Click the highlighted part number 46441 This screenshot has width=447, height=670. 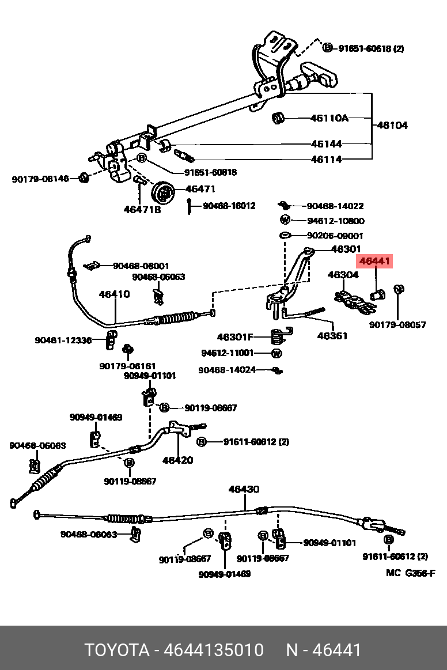(x=375, y=262)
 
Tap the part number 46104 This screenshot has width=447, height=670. (x=392, y=125)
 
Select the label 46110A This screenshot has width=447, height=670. (x=329, y=119)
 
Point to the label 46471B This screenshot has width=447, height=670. (x=142, y=210)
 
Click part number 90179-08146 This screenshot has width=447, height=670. (x=40, y=179)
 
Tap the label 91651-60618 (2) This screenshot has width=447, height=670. (x=371, y=49)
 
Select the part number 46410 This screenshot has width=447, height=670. (x=114, y=294)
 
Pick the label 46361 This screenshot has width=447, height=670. (x=332, y=335)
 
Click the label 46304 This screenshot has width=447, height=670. (x=343, y=275)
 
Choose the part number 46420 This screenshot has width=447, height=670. (x=177, y=460)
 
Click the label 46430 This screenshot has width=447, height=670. (x=244, y=489)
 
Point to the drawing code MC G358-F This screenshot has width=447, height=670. (x=411, y=573)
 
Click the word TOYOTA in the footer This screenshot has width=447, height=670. (x=118, y=650)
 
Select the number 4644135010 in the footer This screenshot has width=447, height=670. (x=214, y=650)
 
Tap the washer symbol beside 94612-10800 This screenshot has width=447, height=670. (x=285, y=220)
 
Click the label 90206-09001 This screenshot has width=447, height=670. (x=335, y=236)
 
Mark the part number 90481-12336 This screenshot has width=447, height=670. (x=63, y=340)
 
